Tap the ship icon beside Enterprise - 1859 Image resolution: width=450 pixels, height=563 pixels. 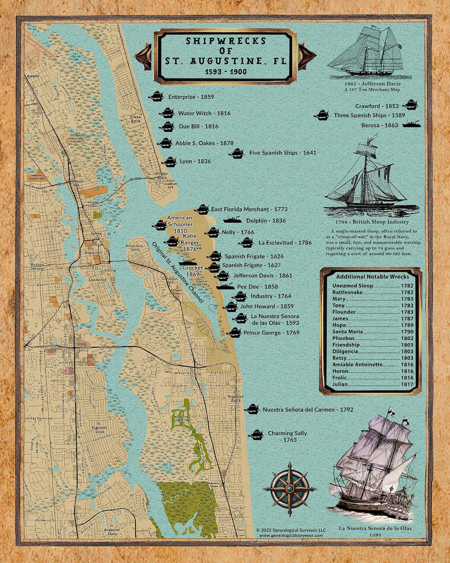156,97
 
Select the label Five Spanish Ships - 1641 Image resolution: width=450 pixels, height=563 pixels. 282,153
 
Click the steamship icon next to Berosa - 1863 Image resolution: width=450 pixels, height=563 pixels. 411,124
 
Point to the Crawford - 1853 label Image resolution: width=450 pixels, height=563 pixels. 377,106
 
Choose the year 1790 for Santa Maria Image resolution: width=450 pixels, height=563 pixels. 407,332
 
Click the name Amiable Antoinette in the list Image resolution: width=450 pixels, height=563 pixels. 357,364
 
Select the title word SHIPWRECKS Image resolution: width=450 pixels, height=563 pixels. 226,41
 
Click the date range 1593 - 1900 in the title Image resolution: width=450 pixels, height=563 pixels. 226,72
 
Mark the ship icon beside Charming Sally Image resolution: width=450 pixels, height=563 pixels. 256,435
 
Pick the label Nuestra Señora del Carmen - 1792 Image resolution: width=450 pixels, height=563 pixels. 308,410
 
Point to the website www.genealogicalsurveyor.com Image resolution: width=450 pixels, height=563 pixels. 291,535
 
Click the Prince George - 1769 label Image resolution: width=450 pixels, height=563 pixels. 271,333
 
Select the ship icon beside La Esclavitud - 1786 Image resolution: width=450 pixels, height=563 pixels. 247,242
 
